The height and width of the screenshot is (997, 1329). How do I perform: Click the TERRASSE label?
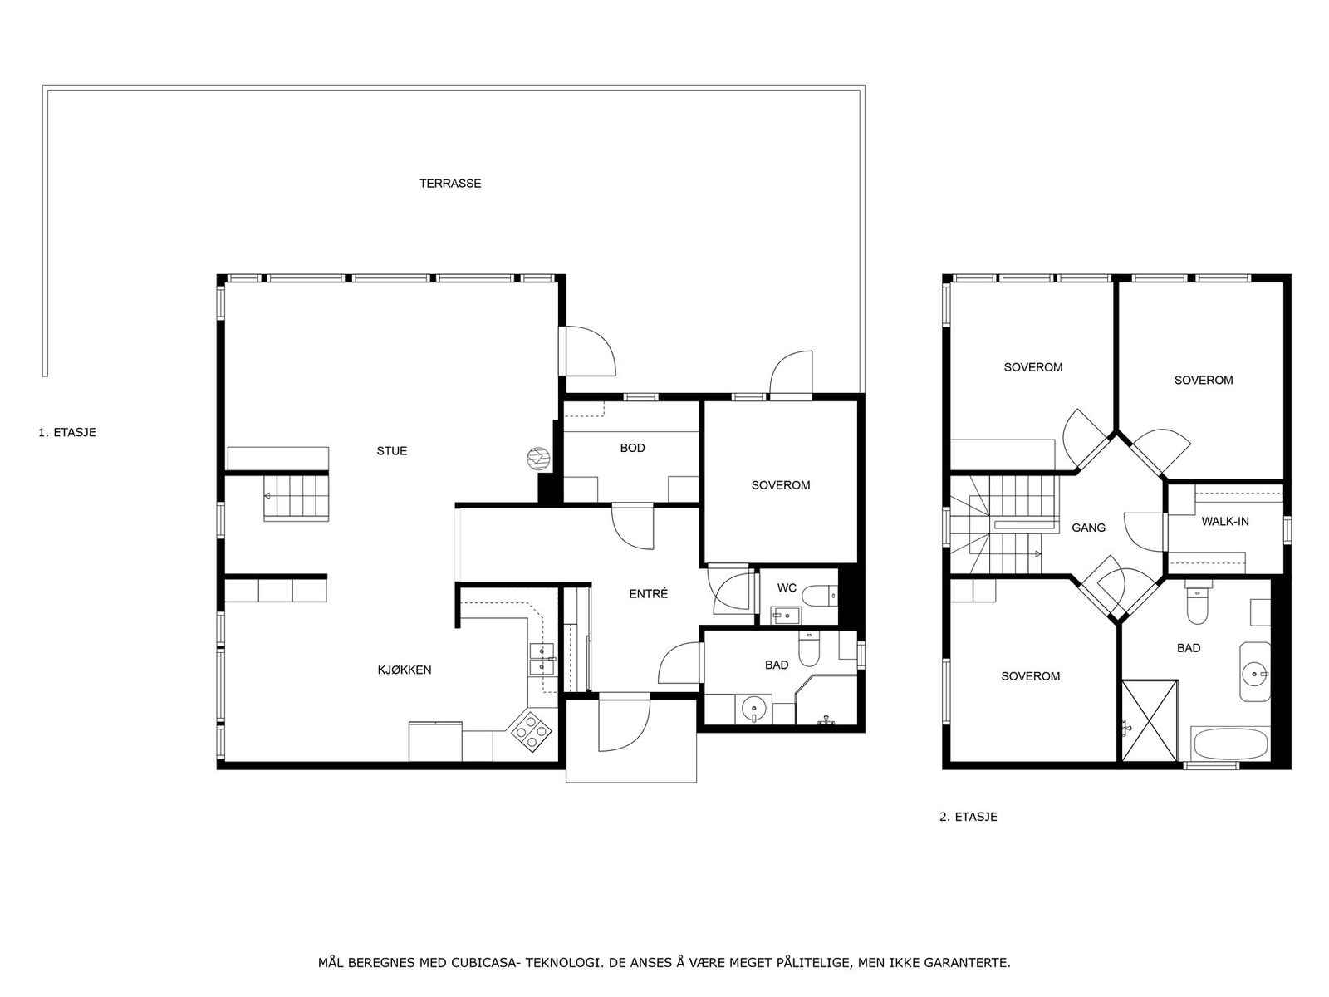[x=449, y=184]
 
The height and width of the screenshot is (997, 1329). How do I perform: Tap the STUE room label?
[x=391, y=451]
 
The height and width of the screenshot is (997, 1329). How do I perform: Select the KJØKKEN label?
[x=405, y=670]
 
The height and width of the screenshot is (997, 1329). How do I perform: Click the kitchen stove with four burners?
[x=531, y=732]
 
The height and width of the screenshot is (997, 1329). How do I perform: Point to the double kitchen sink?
[x=542, y=658]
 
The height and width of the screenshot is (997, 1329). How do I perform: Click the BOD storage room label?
[x=632, y=448]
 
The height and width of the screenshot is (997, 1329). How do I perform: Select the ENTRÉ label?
[x=648, y=594]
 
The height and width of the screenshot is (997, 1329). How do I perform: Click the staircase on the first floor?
[x=297, y=496]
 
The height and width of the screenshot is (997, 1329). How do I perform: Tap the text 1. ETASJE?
[x=67, y=433]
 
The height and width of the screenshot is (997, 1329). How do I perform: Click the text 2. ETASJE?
[x=968, y=817]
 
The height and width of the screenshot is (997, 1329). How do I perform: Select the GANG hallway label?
[x=1088, y=528]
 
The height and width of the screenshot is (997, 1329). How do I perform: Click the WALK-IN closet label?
[x=1224, y=522]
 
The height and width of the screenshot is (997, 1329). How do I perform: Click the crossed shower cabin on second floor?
[x=1150, y=720]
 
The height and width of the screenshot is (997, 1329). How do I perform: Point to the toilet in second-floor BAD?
[x=1197, y=607]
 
